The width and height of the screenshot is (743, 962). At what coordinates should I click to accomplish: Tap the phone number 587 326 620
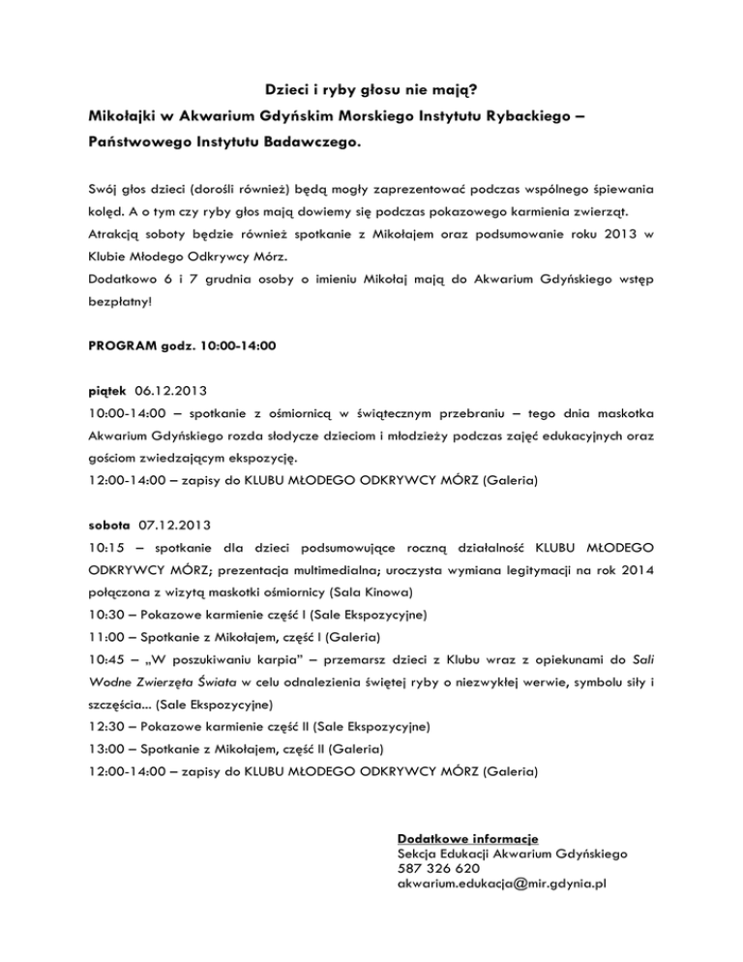(x=437, y=870)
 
